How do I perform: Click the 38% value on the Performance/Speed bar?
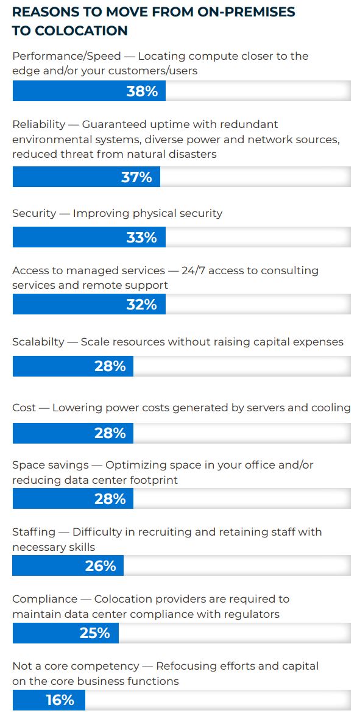click(x=142, y=91)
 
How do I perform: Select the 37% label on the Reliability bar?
click(x=136, y=177)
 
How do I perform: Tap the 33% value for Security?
click(x=141, y=238)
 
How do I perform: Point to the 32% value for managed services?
click(x=141, y=305)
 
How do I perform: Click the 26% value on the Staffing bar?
click(x=101, y=566)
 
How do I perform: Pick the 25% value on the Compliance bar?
click(x=95, y=633)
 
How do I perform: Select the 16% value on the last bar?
click(x=60, y=701)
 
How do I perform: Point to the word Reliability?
click(x=38, y=124)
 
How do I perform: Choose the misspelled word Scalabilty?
click(x=38, y=342)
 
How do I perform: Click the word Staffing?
click(x=34, y=532)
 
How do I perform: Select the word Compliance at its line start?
click(x=44, y=599)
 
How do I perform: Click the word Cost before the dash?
click(x=24, y=408)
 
